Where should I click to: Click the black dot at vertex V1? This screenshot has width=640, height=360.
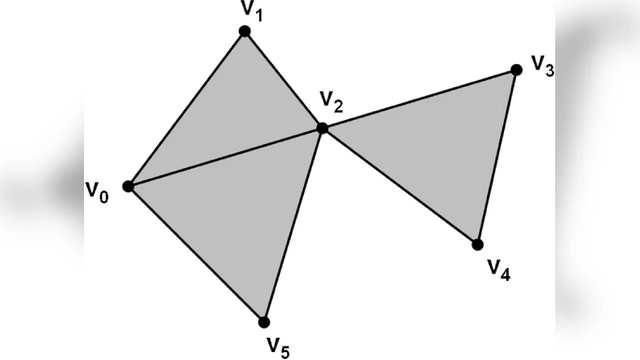[245, 31]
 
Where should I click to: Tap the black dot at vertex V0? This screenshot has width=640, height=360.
[128, 186]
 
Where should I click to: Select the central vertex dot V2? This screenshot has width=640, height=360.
[322, 128]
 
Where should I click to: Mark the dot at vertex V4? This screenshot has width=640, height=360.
[478, 244]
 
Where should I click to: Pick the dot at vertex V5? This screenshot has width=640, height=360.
[264, 322]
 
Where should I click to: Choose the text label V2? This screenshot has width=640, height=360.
[331, 102]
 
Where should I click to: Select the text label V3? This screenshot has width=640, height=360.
[543, 66]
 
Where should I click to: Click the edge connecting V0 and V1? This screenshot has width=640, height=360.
[186, 109]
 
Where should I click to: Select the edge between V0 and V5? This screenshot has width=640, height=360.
[196, 254]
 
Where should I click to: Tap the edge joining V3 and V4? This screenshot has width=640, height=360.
[497, 158]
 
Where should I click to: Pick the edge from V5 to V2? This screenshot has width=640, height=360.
[294, 225]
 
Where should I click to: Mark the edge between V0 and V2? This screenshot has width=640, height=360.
[225, 157]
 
